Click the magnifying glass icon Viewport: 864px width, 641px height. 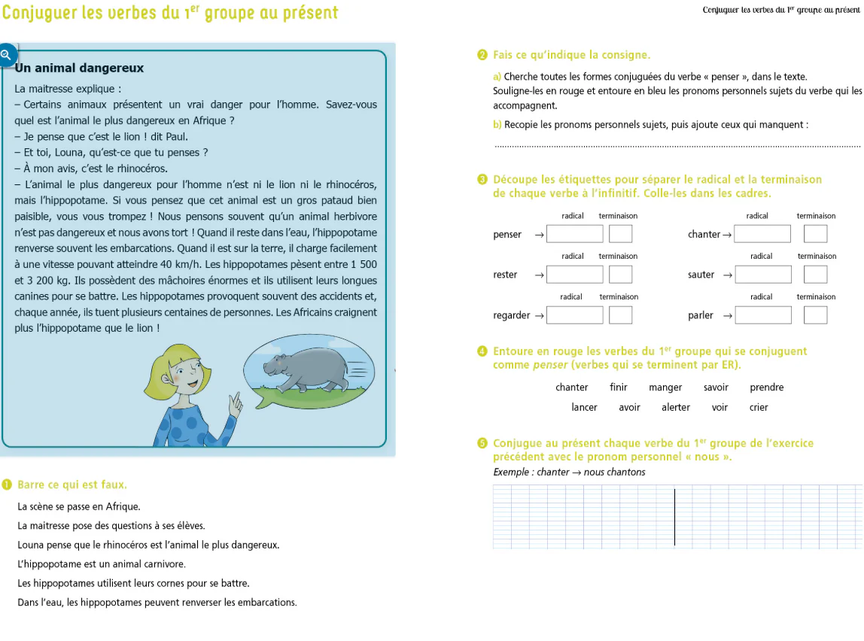(6, 55)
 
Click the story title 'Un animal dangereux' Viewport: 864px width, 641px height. (79, 68)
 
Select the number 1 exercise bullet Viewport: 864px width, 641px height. (7, 485)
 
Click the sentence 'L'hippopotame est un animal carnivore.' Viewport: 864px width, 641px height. (101, 564)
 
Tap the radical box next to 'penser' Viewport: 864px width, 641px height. (574, 234)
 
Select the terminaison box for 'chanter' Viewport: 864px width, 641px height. (815, 234)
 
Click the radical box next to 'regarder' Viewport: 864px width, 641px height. (574, 315)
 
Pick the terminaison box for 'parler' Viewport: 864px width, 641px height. (815, 315)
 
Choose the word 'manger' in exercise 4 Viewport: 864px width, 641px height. (665, 387)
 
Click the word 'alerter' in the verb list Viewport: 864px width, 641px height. (676, 407)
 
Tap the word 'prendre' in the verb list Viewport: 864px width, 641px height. (766, 387)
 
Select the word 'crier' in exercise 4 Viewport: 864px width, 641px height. (759, 407)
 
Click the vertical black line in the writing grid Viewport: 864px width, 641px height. (674, 517)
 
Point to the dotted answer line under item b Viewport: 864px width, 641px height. (677, 146)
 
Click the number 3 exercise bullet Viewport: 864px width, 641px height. (482, 180)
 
